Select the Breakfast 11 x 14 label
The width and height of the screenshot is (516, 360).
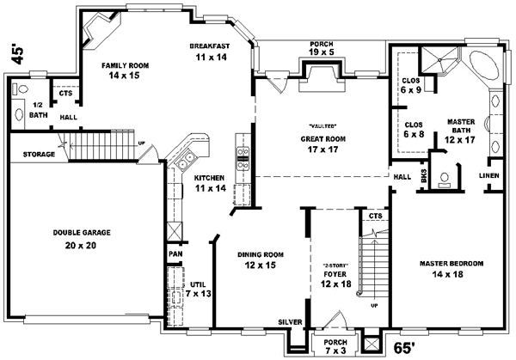pos(209,52)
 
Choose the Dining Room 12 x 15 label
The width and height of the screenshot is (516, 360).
pos(261,260)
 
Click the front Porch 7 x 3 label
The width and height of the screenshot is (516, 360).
pos(329,345)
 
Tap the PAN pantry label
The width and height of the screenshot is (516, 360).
pos(175,255)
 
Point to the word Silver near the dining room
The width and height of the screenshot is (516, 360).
pos(289,322)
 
